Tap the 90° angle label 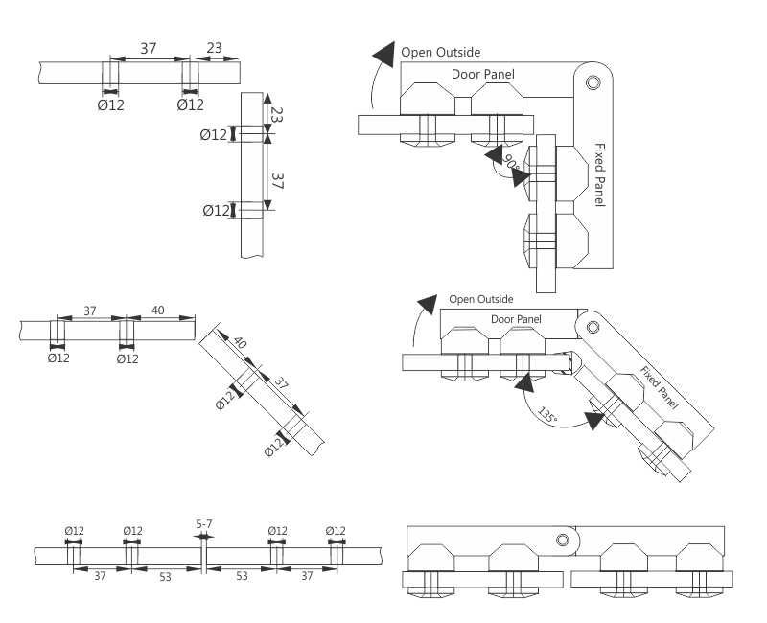513,167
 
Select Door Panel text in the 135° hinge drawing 516,319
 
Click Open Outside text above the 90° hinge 441,53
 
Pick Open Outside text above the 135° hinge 481,299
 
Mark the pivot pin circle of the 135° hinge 593,327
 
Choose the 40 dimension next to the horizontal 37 158,310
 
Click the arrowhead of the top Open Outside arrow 384,53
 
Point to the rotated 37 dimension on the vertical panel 278,179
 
